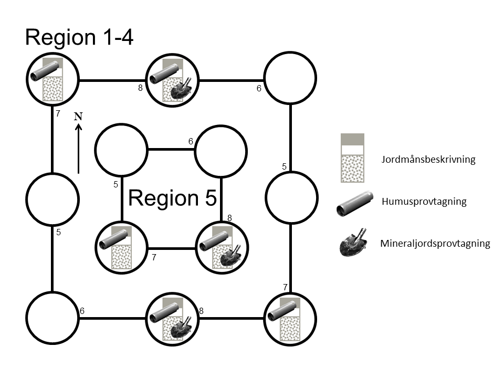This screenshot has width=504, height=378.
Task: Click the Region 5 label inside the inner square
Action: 173,198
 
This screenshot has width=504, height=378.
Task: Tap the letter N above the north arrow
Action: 78,117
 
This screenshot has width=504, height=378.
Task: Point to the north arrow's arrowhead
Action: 78,128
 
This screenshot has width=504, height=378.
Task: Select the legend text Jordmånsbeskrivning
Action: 428,160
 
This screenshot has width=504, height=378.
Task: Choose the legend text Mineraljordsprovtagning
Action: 435,243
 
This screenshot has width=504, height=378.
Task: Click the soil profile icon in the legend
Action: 352,158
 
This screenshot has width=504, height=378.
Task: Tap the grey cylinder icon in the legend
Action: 354,204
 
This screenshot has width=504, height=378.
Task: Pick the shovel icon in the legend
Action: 353,243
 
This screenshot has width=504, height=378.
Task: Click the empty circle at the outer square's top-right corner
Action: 290,78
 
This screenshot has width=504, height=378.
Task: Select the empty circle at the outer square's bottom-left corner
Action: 52,318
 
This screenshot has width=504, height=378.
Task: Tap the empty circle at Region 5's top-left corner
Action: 121,150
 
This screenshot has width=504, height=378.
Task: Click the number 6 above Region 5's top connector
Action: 191,141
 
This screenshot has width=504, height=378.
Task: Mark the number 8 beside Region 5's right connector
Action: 229,217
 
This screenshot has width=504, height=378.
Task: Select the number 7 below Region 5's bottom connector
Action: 154,258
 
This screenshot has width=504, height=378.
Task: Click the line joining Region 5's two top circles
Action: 171,150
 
